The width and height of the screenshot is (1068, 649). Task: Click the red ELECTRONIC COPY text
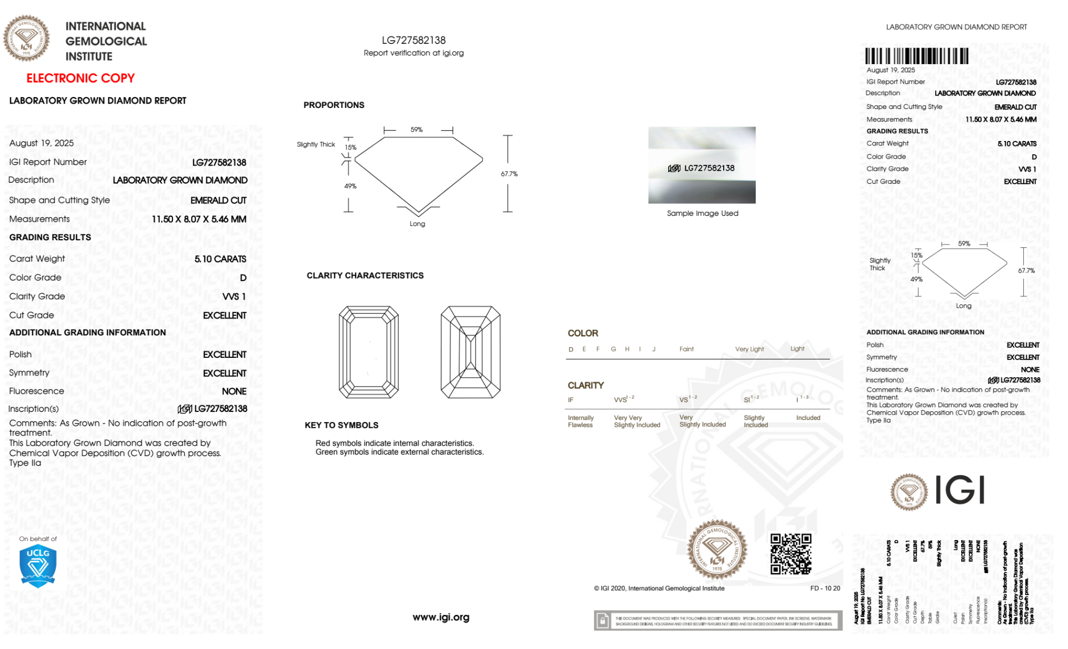pyautogui.click(x=80, y=78)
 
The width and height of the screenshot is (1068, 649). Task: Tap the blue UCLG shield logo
pyautogui.click(x=38, y=566)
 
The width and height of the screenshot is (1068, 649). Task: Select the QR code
pyautogui.click(x=790, y=554)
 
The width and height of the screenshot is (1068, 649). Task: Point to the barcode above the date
pyautogui.click(x=916, y=56)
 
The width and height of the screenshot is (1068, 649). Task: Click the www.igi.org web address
pyautogui.click(x=441, y=617)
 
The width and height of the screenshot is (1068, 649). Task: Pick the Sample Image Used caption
pyautogui.click(x=702, y=213)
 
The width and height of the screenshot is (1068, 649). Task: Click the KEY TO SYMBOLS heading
pyautogui.click(x=342, y=425)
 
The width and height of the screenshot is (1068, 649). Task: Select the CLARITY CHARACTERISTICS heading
pyautogui.click(x=365, y=276)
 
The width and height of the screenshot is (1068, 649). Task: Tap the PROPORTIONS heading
pyautogui.click(x=334, y=105)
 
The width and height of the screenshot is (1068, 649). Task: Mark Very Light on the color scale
pyautogui.click(x=749, y=349)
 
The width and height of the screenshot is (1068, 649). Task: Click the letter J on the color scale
pyautogui.click(x=654, y=349)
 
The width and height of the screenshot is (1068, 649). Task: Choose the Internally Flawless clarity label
pyautogui.click(x=581, y=421)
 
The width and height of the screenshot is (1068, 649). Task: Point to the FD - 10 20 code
pyautogui.click(x=825, y=588)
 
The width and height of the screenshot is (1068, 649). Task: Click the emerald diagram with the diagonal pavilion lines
pyautogui.click(x=470, y=352)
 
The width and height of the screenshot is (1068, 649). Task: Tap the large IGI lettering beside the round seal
pyautogui.click(x=960, y=490)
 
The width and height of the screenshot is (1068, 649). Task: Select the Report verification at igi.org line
pyautogui.click(x=414, y=53)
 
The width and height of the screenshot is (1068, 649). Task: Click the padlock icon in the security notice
pyautogui.click(x=603, y=621)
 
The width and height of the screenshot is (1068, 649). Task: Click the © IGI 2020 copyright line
pyautogui.click(x=659, y=588)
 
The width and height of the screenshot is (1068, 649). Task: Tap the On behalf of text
pyautogui.click(x=38, y=539)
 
